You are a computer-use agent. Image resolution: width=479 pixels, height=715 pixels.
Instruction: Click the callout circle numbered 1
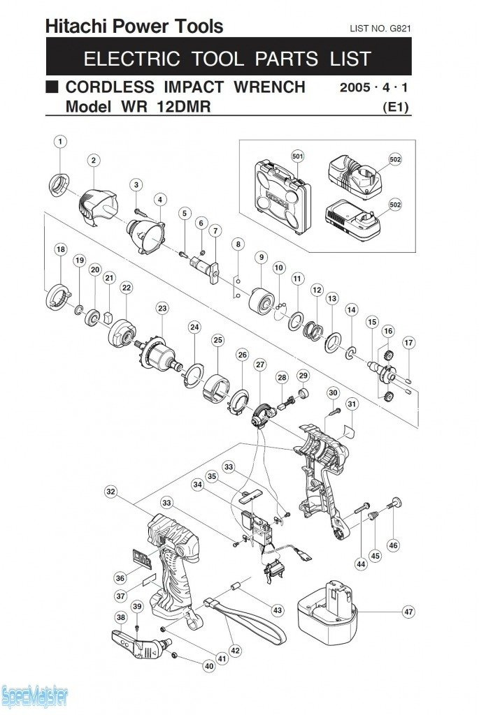point(60,142)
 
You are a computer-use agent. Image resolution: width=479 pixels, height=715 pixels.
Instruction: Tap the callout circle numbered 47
point(408,612)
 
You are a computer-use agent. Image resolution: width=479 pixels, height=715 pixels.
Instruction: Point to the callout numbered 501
point(298,156)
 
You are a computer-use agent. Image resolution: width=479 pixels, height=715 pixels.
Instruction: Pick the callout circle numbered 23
point(162,308)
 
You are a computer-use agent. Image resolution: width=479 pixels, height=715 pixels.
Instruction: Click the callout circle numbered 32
point(110,492)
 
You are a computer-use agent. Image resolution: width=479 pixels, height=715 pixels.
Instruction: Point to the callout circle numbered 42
point(235,651)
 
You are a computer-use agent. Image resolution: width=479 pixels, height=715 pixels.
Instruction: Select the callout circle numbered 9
point(261,258)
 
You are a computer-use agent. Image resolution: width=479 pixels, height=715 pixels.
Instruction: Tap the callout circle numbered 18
point(61,249)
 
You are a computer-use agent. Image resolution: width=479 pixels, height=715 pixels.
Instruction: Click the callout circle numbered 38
point(121,617)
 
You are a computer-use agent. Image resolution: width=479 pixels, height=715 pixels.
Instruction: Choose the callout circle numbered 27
point(260,364)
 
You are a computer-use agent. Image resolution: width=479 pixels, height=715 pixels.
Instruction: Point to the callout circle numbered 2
point(94,161)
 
